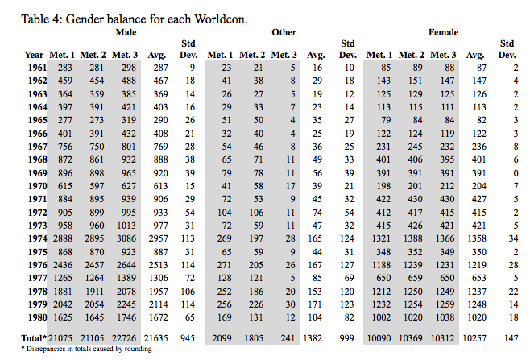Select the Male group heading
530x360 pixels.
click(x=125, y=32)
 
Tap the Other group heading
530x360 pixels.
click(x=284, y=32)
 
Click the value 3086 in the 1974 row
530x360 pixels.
click(x=125, y=238)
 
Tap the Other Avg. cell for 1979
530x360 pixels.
click(x=316, y=304)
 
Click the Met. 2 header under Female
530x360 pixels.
click(x=412, y=54)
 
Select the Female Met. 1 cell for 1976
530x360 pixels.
click(x=379, y=264)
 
